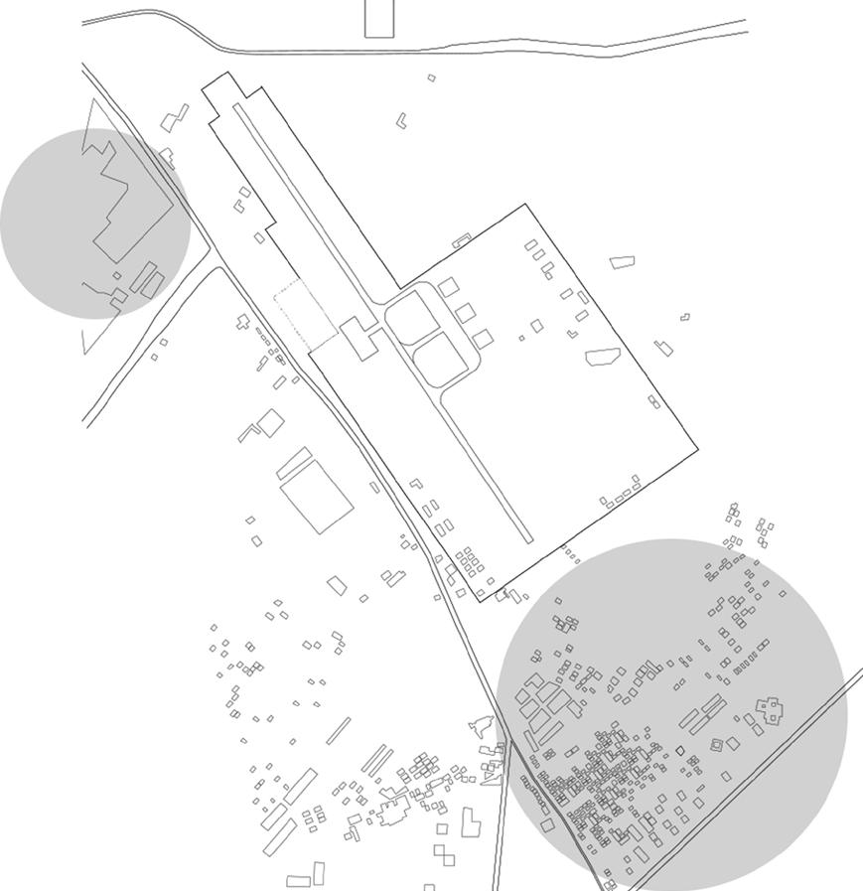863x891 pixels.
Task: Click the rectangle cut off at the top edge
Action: [379, 18]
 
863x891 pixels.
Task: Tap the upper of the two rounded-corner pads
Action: [411, 318]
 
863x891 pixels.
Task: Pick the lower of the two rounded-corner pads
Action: [439, 358]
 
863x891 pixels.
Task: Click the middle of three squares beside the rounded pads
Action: [465, 313]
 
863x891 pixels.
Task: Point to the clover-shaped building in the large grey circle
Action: [769, 709]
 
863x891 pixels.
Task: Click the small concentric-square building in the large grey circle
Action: [716, 743]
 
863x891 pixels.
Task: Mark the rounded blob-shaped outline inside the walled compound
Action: [602, 356]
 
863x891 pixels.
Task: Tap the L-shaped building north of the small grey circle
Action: [174, 118]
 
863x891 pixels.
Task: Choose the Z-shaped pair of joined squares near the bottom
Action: [444, 854]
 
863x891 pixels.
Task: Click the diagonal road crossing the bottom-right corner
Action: [755, 780]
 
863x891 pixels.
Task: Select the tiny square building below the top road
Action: [431, 77]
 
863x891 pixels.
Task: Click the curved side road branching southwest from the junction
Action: [139, 348]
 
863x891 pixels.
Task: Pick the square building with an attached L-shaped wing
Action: [265, 425]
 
